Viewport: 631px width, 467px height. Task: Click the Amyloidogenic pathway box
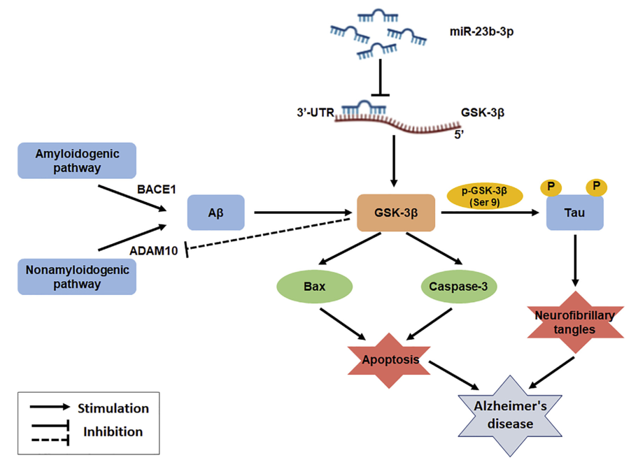[77, 160]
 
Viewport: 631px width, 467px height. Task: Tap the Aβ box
[216, 212]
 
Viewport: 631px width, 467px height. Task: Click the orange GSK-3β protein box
[396, 212]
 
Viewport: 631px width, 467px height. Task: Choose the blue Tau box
[575, 212]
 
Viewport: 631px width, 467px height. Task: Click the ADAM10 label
[153, 250]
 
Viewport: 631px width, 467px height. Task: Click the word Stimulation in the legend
[113, 408]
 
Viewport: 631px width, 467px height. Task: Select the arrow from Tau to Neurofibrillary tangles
[575, 259]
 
